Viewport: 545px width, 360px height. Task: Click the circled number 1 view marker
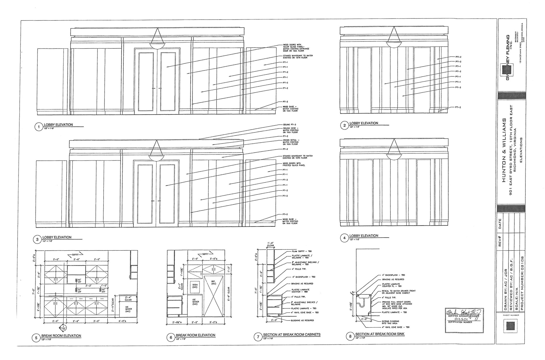(x=38, y=127)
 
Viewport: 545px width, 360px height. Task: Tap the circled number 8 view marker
(x=350, y=336)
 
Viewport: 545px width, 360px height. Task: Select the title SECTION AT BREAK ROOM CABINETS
(x=292, y=334)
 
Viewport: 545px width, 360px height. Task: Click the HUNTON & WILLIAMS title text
(x=504, y=150)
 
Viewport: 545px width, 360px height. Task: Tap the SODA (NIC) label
(x=195, y=286)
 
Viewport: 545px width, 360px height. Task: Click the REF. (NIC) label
(x=213, y=282)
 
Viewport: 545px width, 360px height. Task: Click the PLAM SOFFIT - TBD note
(x=301, y=251)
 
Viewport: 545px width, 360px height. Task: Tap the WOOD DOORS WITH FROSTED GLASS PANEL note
(x=294, y=164)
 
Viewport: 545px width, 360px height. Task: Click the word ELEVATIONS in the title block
(x=521, y=150)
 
